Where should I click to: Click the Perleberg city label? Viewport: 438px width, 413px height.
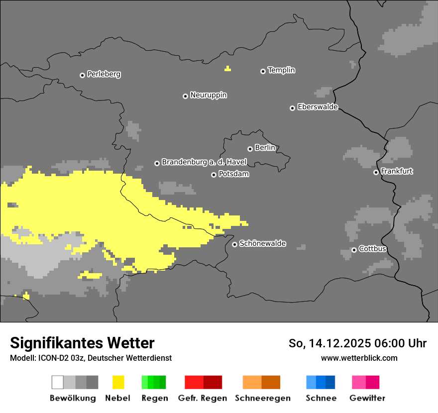104,74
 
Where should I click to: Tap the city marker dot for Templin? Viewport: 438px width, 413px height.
263,71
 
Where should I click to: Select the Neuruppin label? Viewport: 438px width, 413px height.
208,95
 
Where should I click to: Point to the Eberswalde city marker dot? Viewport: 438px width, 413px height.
292,108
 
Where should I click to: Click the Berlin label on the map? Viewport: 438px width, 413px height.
265,148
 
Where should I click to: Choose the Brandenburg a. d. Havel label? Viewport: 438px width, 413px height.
204,162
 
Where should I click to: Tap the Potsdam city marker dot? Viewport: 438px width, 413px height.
214,175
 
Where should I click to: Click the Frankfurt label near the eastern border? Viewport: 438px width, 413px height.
397,171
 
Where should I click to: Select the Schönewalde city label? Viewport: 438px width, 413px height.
262,243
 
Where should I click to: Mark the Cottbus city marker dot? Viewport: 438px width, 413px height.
354,250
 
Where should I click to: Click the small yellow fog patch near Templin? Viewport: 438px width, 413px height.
227,69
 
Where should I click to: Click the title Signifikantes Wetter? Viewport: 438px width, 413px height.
82,343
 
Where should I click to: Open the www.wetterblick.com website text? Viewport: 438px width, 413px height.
359,358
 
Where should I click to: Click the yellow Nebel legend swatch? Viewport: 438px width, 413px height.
118,382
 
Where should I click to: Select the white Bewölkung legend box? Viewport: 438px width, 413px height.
58,382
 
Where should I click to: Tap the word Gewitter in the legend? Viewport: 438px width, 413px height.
367,398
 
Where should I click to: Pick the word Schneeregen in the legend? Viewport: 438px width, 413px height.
262,398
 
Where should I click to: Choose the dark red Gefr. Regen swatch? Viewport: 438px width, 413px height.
213,382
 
